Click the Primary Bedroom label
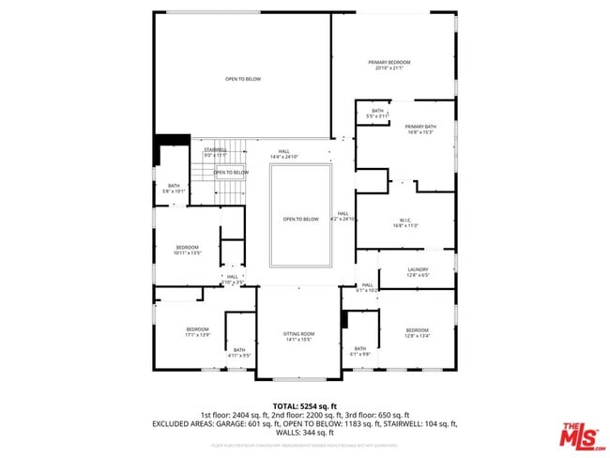pos(393,65)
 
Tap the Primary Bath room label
pos(420,129)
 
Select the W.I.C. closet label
pos(404,223)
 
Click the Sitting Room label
pos(298,336)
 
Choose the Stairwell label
pos(215,151)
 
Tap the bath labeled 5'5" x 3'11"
pos(377,113)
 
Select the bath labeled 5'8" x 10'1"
pos(174,188)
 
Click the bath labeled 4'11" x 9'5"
pos(239,352)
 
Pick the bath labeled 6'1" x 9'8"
pos(359,350)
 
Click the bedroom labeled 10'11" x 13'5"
pos(188,250)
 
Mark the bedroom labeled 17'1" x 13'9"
pos(197,331)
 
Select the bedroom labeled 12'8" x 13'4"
pos(417,332)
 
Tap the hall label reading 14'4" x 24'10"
pos(283,153)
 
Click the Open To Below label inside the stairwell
pos(231,173)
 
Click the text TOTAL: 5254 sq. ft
pos(304,405)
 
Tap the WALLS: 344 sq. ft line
pos(304,433)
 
